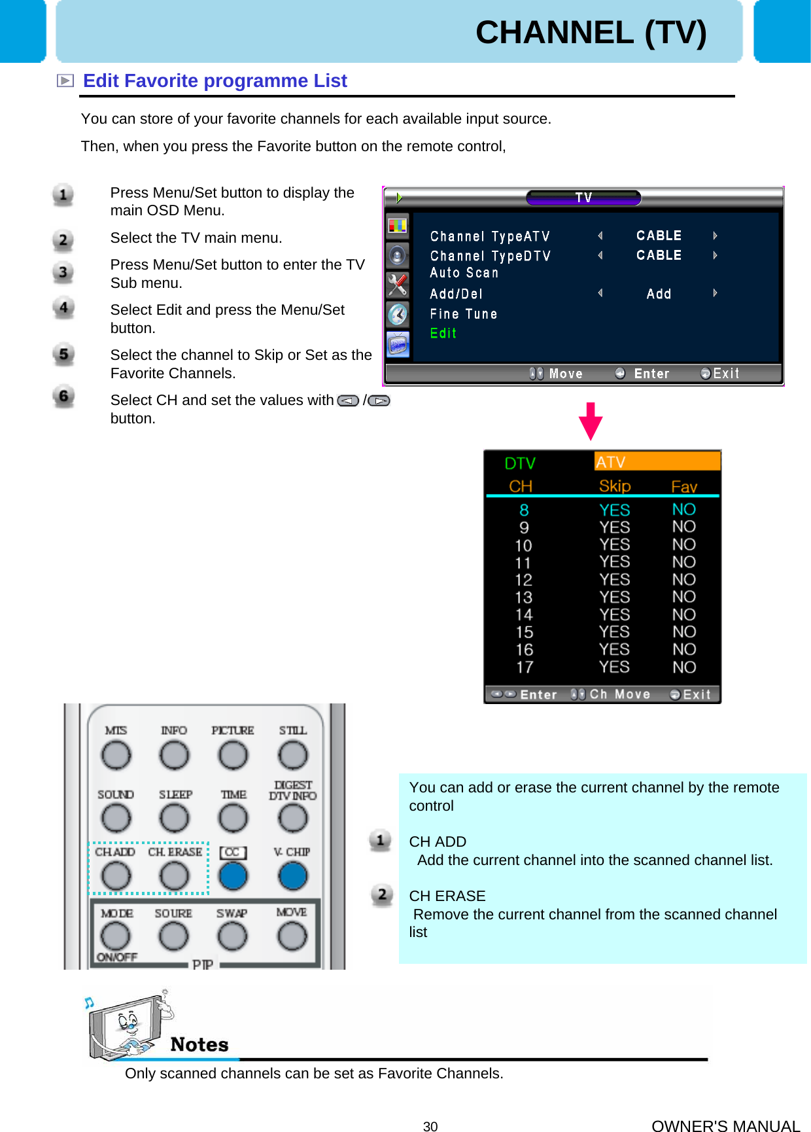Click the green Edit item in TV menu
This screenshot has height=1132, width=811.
click(x=443, y=333)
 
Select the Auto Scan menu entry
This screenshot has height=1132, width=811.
click(x=464, y=273)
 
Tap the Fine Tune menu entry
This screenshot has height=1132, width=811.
click(x=463, y=314)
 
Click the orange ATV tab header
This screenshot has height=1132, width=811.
click(x=657, y=462)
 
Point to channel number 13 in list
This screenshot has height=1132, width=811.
click(x=523, y=597)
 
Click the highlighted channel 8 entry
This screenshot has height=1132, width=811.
click(x=524, y=510)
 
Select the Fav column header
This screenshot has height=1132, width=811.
click(x=683, y=486)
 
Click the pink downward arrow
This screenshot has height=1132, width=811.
click(x=590, y=421)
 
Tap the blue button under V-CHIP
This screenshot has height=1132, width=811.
click(x=292, y=876)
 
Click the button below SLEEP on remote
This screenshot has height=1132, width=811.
click(x=175, y=818)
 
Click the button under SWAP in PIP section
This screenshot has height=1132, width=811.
click(x=232, y=936)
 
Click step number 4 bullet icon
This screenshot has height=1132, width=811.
click(x=63, y=308)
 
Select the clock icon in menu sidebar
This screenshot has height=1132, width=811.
click(x=397, y=314)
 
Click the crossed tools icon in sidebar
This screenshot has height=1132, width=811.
click(x=397, y=285)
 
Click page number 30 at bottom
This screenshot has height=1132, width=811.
click(x=430, y=1126)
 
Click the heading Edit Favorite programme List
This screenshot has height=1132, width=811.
click(x=215, y=80)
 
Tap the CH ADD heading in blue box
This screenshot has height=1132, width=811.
click(x=437, y=841)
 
